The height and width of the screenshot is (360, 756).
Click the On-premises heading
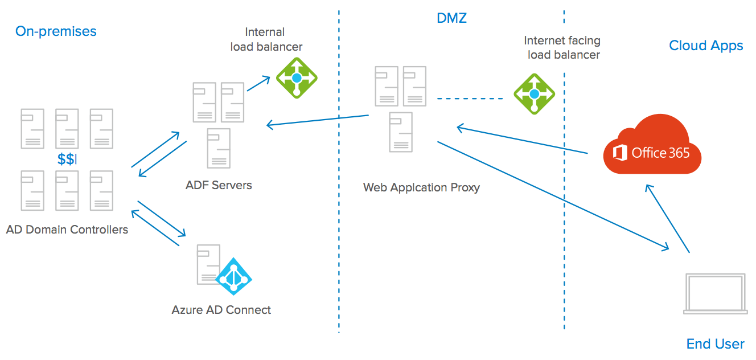[56, 31]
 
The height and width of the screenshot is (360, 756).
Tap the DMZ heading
[451, 18]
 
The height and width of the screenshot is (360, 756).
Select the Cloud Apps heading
[706, 46]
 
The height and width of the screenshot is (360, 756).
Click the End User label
[715, 344]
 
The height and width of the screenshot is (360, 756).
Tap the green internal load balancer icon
[296, 77]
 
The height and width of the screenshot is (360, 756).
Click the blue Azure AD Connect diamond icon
[233, 276]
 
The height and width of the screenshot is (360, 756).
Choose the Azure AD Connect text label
[221, 310]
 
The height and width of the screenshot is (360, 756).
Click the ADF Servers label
[219, 185]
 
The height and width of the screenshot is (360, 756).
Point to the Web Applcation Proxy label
[421, 187]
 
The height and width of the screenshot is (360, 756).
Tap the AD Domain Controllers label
[67, 230]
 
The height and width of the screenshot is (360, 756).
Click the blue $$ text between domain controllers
[66, 159]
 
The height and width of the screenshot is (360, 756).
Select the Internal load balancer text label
[266, 39]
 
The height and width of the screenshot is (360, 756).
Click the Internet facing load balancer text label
[562, 48]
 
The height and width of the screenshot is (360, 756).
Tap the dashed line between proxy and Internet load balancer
[470, 99]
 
